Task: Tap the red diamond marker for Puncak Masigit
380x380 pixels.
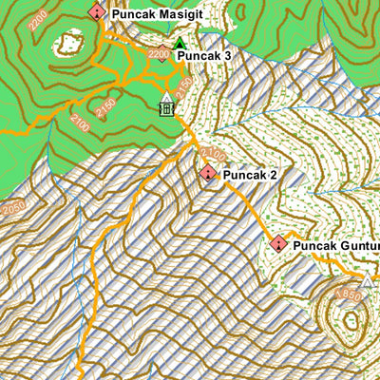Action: [97, 12]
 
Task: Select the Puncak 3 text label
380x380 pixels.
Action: [204, 56]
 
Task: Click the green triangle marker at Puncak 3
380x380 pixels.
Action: [180, 45]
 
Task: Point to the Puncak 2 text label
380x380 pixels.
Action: [252, 175]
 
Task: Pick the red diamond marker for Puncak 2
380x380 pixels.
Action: [208, 174]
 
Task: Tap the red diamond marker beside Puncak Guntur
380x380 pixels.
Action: [278, 244]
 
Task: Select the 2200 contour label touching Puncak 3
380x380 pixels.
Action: [160, 55]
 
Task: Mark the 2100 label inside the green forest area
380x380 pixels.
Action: [80, 123]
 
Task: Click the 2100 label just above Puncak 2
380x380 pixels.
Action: [213, 153]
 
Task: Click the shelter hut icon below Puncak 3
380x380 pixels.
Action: [167, 107]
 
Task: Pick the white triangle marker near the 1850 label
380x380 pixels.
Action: [368, 280]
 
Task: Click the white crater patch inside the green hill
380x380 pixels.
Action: [69, 44]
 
